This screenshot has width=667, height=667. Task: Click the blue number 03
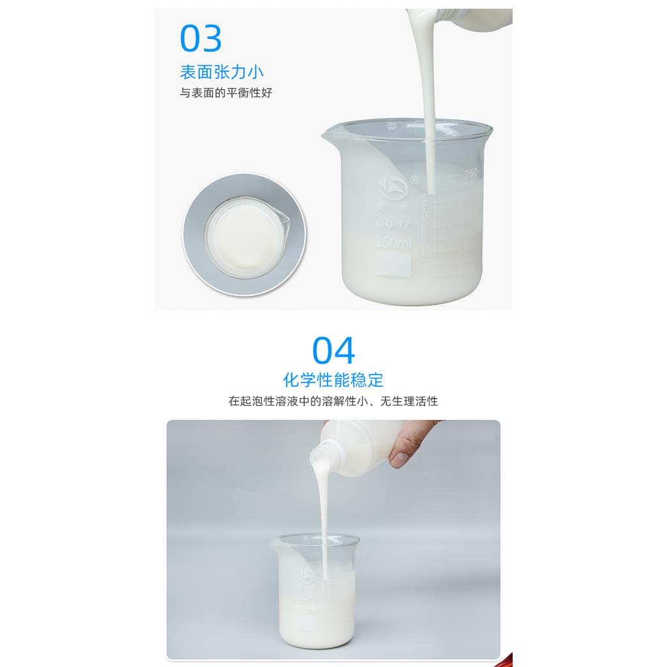[201, 38]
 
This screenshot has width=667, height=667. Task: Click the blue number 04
[333, 351]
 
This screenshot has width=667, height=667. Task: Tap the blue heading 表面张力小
[221, 72]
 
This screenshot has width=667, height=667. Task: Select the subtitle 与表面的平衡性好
[226, 92]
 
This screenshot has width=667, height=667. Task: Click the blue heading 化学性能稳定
[333, 380]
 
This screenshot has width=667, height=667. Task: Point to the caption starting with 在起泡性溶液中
[333, 401]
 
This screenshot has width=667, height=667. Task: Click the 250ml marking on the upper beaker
[393, 243]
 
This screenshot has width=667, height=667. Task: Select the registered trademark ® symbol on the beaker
[415, 177]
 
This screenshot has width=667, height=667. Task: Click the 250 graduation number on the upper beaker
[470, 174]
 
